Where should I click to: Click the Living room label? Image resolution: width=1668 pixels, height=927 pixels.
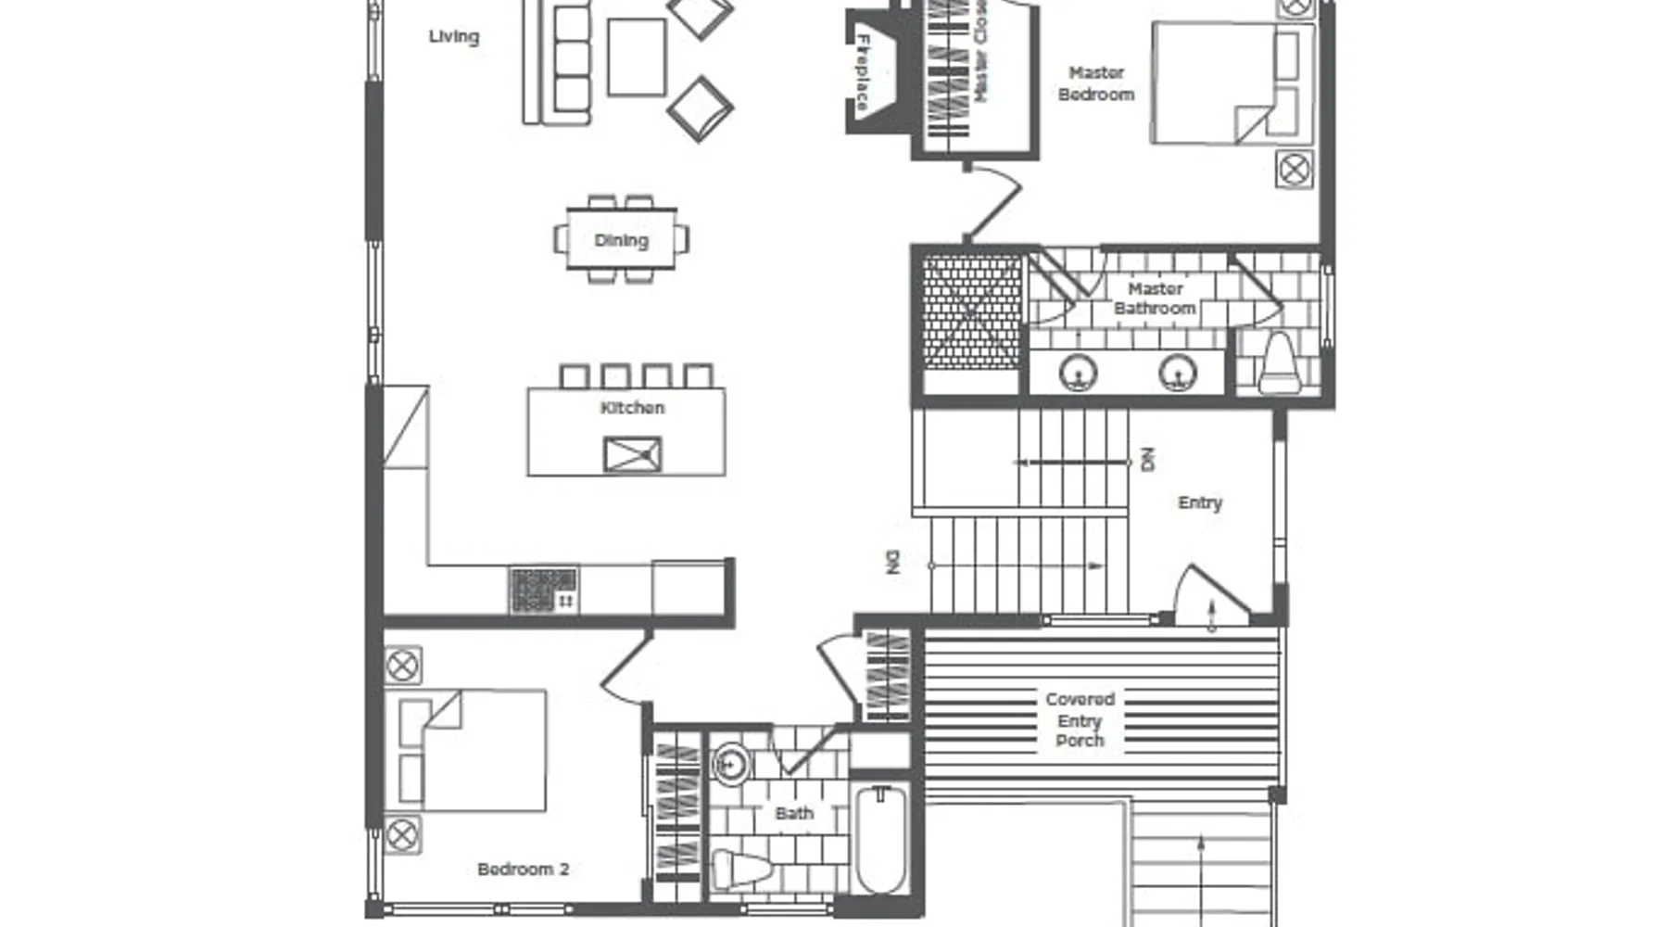pyautogui.click(x=454, y=37)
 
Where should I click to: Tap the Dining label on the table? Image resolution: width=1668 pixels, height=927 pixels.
pyautogui.click(x=621, y=240)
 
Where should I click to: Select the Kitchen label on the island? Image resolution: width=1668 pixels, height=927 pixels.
pyautogui.click(x=632, y=408)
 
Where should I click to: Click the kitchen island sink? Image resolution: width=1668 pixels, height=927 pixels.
pyautogui.click(x=632, y=454)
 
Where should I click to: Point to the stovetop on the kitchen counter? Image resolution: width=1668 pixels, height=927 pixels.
pyautogui.click(x=544, y=590)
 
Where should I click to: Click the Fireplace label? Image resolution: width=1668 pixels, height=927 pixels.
pyautogui.click(x=863, y=72)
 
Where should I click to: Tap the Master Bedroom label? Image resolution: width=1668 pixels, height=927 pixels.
pyautogui.click(x=1096, y=83)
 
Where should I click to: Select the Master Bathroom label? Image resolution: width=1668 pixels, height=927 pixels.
pyautogui.click(x=1155, y=298)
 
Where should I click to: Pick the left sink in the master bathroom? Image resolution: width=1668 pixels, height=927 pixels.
pyautogui.click(x=1079, y=373)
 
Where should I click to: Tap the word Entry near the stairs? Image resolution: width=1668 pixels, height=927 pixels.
pyautogui.click(x=1200, y=502)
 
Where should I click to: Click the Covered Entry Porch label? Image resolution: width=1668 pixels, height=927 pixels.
pyautogui.click(x=1080, y=719)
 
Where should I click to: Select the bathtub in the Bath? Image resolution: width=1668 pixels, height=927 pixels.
pyautogui.click(x=879, y=839)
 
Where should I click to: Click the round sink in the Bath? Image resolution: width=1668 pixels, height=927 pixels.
pyautogui.click(x=731, y=765)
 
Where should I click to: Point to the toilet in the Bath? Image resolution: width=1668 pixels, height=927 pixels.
pyautogui.click(x=741, y=870)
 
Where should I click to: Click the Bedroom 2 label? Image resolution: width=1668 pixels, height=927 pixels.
pyautogui.click(x=523, y=870)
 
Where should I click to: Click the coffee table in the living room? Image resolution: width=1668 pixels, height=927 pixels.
pyautogui.click(x=637, y=57)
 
